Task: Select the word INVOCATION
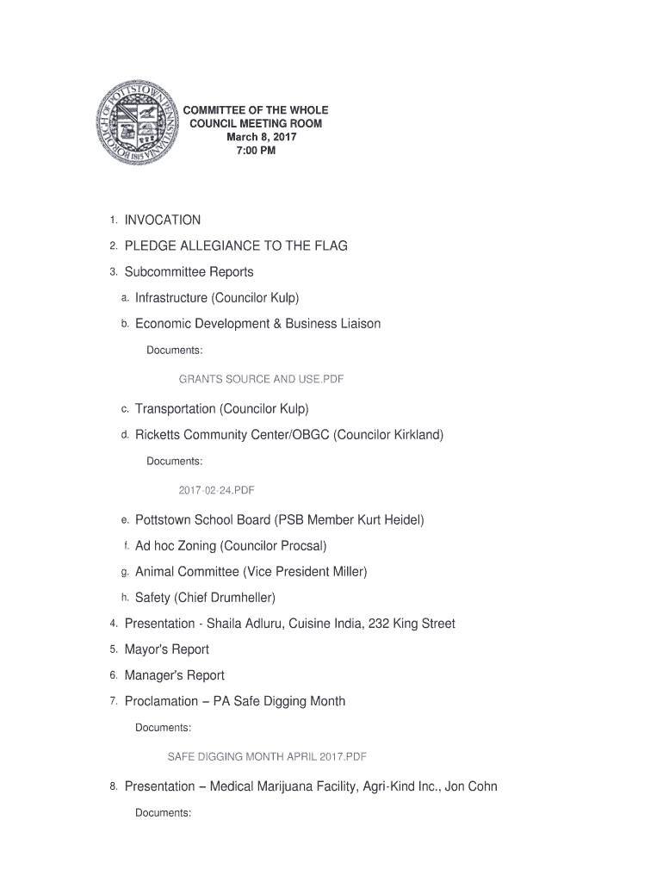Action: (x=163, y=220)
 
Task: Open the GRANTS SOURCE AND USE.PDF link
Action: (x=261, y=379)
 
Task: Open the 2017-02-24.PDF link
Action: (x=216, y=490)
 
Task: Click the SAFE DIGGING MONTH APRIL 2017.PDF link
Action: (x=267, y=757)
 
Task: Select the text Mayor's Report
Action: (x=167, y=649)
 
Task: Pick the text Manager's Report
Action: (x=175, y=675)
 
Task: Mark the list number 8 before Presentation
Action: (x=113, y=786)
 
